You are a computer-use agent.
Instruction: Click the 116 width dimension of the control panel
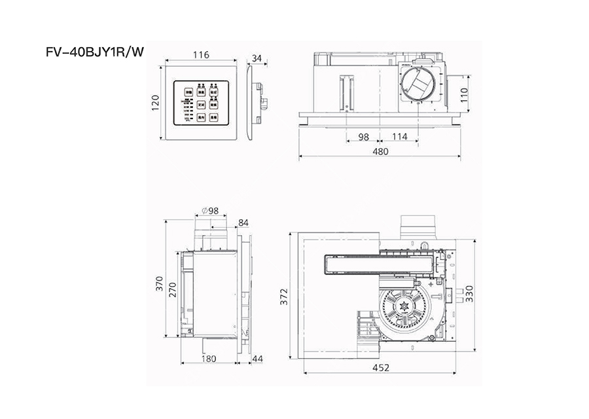point(202,55)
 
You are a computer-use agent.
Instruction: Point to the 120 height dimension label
point(155,103)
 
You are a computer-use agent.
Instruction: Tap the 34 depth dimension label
point(257,58)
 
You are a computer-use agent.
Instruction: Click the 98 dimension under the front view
point(365,136)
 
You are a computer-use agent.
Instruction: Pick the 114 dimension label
point(399,136)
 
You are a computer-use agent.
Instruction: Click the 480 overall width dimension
point(380,151)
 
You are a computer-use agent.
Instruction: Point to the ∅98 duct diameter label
point(210,211)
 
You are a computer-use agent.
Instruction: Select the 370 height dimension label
point(159,283)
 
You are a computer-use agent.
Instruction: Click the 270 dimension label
point(173,291)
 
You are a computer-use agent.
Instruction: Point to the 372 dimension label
point(282,298)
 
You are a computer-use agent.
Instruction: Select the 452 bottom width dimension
point(380,367)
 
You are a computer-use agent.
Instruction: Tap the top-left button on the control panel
point(187,93)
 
